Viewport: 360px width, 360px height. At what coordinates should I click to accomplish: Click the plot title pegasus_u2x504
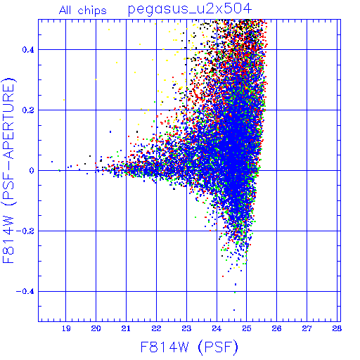[190, 10]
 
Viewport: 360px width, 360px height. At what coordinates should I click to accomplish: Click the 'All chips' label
[83, 11]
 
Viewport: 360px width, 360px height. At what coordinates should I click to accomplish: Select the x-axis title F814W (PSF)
[189, 347]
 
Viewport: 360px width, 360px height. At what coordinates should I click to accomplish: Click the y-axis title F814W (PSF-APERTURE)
[8, 170]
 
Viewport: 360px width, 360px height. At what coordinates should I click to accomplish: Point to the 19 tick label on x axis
[66, 328]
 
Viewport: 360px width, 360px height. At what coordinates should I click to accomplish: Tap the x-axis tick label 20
[96, 328]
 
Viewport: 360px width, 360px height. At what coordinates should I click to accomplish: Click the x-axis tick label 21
[126, 328]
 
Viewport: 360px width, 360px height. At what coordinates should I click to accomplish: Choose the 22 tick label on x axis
[156, 328]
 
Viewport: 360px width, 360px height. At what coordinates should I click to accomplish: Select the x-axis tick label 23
[186, 328]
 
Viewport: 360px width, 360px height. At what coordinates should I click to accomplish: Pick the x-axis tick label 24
[217, 328]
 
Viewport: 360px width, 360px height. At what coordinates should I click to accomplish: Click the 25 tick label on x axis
[247, 328]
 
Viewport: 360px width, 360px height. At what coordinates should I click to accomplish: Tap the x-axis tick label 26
[276, 328]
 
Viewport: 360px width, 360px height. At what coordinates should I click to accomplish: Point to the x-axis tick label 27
[307, 328]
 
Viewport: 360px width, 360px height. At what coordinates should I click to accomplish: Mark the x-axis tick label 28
[337, 328]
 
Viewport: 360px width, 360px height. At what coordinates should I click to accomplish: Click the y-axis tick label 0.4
[28, 50]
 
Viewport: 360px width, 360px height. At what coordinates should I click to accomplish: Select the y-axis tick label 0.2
[28, 110]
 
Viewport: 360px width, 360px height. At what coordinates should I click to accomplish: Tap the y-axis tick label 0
[32, 171]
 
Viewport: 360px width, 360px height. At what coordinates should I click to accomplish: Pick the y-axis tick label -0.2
[25, 231]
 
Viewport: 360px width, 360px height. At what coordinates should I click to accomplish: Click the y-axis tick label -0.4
[25, 292]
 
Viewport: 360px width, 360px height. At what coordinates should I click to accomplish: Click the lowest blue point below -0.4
[234, 310]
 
